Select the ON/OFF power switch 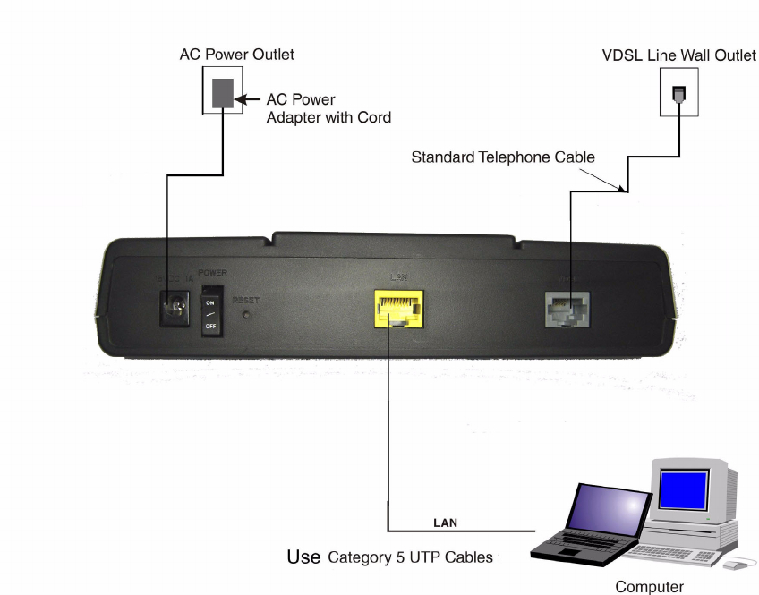(x=210, y=310)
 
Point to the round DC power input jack (x=173, y=310)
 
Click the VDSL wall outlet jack (x=679, y=92)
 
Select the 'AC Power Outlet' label (x=236, y=55)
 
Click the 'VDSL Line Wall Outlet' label (x=678, y=55)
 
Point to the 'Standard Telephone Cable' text (x=502, y=157)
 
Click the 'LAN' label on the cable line (x=446, y=521)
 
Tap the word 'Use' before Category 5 (x=303, y=557)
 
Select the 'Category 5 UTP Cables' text (x=410, y=557)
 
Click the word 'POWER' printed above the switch (x=211, y=274)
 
